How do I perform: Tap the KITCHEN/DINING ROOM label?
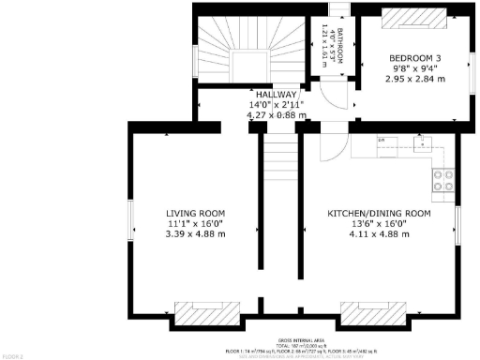(x=379, y=214)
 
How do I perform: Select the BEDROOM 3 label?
(x=415, y=58)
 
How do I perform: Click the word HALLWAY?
(x=273, y=95)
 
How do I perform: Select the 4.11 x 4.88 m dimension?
(x=379, y=233)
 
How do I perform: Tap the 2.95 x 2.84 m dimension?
(x=415, y=79)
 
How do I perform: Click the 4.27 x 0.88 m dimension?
(x=273, y=114)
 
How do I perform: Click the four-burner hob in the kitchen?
(x=442, y=179)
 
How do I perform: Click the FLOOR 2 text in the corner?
(x=11, y=356)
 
